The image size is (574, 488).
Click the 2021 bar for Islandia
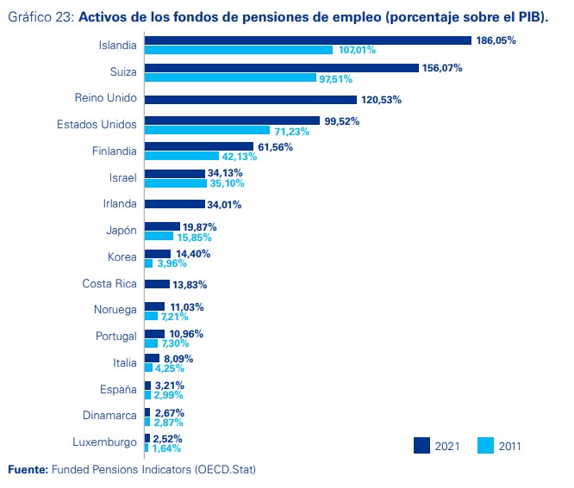click(308, 40)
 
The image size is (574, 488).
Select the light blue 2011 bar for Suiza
click(230, 77)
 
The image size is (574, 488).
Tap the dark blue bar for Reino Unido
click(263, 99)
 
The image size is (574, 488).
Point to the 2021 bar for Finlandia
click(199, 146)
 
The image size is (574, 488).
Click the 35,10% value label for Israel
click(228, 183)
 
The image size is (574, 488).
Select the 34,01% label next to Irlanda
click(223, 205)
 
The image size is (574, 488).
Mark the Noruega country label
click(115, 310)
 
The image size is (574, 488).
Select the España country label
click(118, 390)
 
